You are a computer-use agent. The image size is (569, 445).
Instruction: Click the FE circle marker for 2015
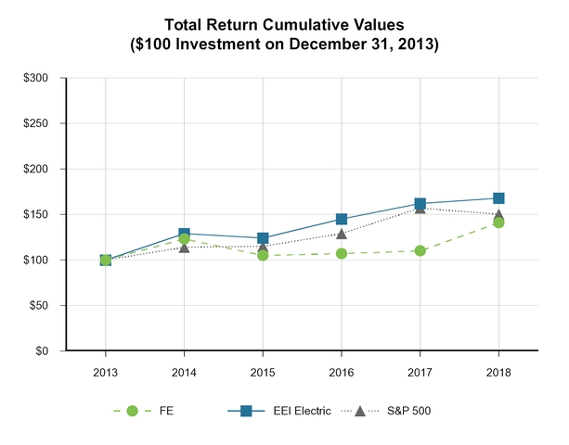[263, 255]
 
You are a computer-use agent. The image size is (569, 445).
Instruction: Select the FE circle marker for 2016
[342, 253]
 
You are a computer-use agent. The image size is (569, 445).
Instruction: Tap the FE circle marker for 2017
[420, 250]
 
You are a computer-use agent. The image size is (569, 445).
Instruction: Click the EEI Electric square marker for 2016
[342, 220]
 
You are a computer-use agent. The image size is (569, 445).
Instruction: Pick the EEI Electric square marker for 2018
[499, 198]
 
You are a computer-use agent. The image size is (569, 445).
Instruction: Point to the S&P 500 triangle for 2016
[342, 233]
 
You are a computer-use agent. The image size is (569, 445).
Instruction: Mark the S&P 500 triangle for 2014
[184, 247]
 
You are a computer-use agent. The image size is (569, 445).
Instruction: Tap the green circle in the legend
[132, 411]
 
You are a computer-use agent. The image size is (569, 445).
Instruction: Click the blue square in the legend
[248, 411]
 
